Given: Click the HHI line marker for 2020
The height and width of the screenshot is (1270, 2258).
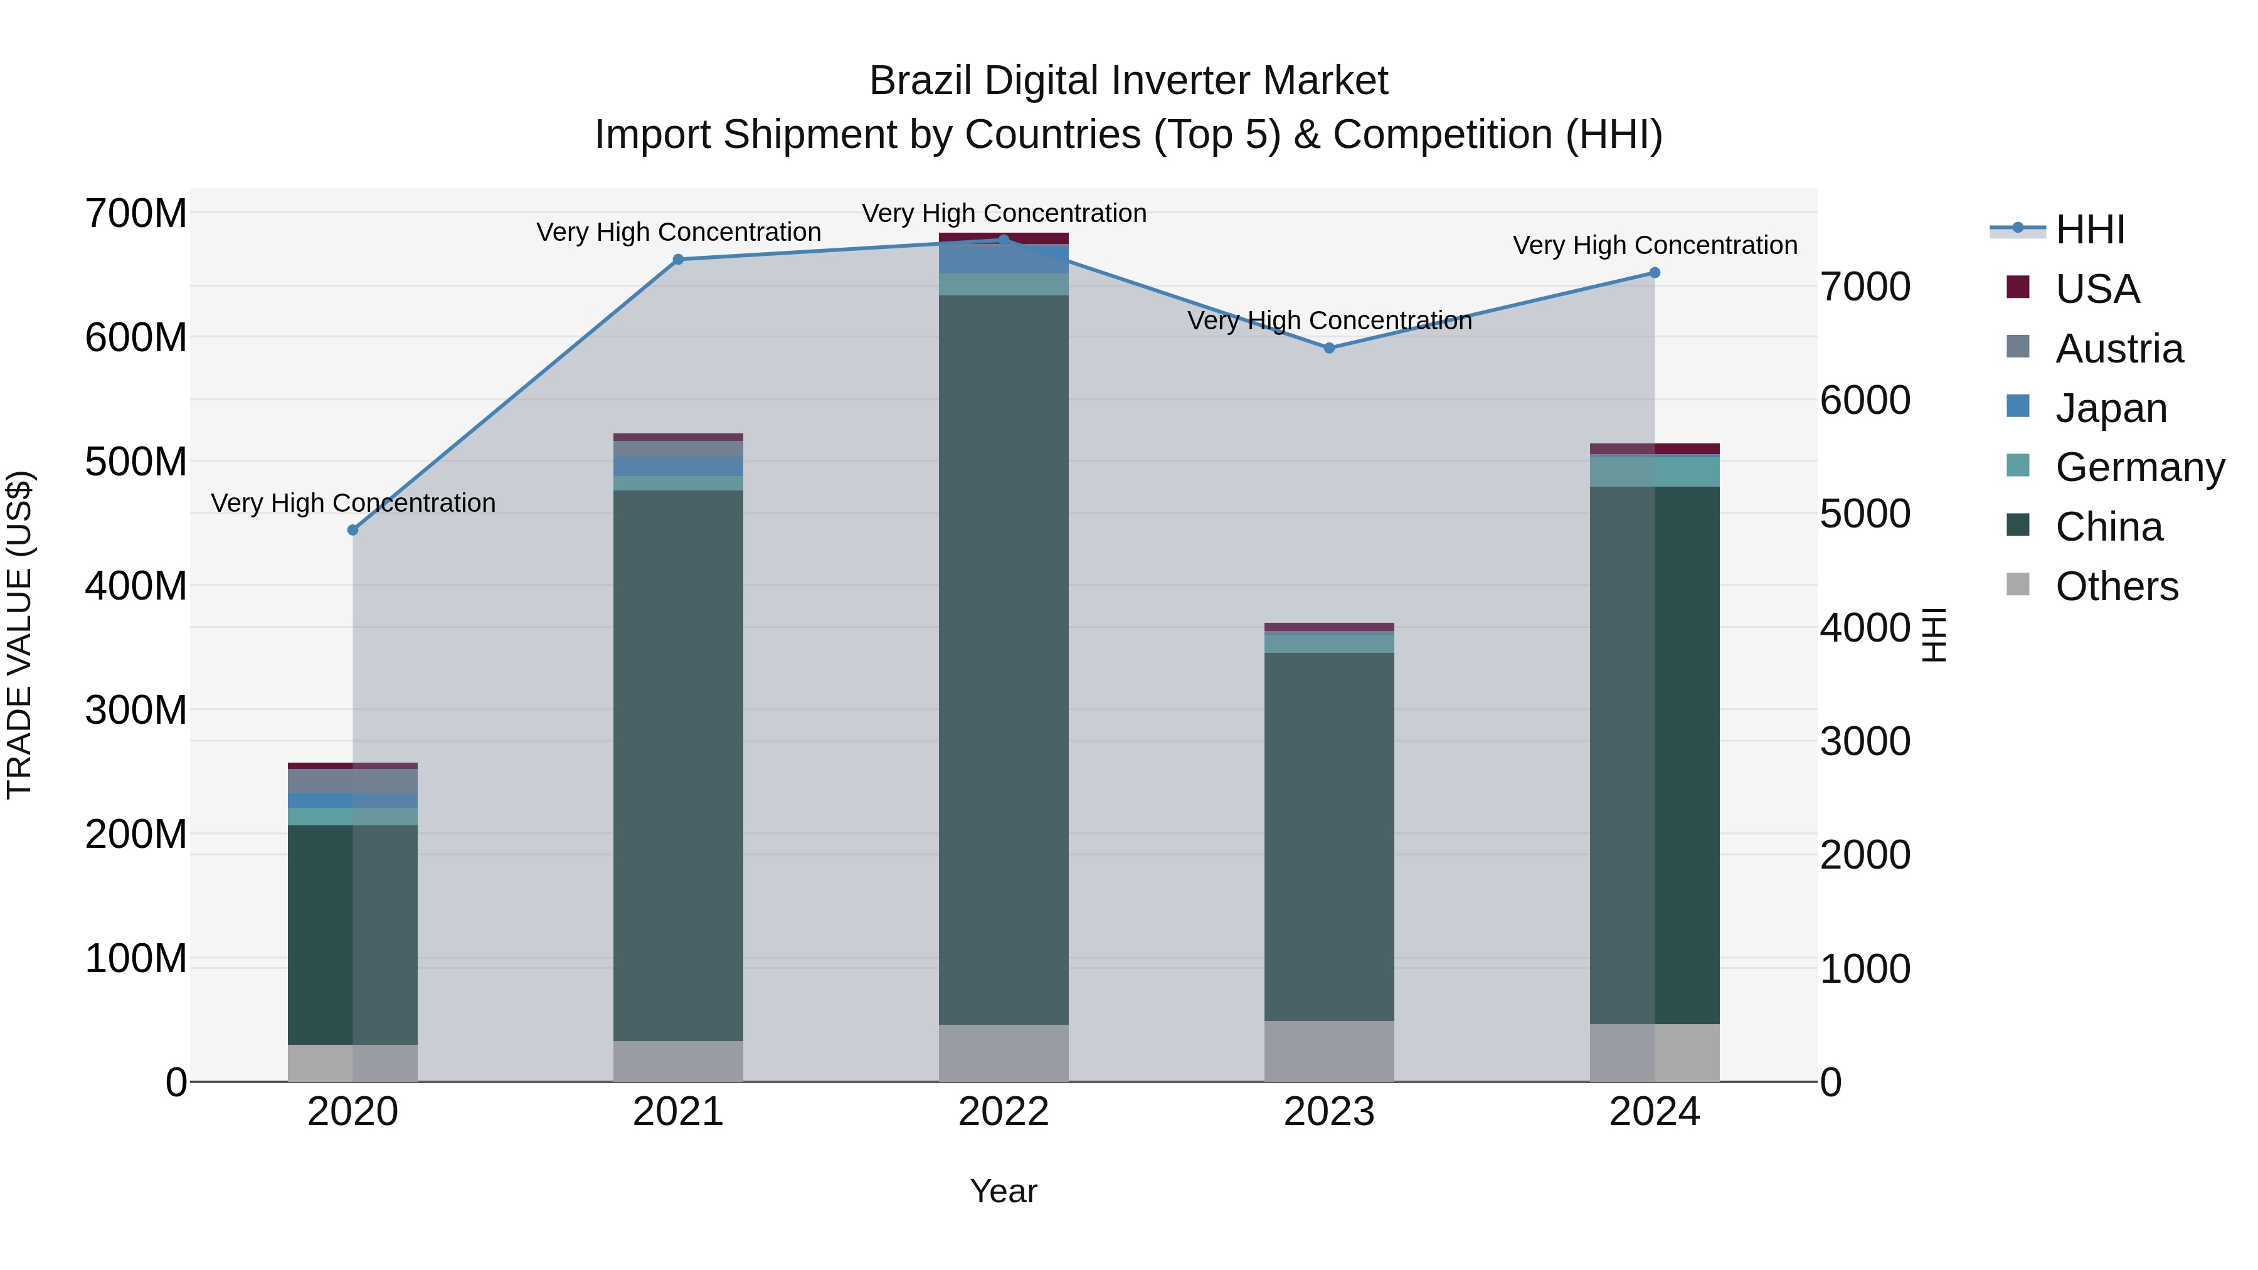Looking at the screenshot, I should point(353,530).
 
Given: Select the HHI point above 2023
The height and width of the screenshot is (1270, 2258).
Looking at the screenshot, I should point(1329,348).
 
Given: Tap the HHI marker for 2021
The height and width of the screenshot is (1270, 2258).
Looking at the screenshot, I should point(677,260).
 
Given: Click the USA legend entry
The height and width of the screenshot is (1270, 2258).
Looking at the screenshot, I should point(2097,289).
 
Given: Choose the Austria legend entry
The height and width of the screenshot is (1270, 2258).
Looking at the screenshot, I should point(2119,349).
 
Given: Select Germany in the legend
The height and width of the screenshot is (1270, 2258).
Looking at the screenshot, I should point(2139,467).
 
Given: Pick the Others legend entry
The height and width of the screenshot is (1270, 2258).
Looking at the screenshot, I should point(2116,586).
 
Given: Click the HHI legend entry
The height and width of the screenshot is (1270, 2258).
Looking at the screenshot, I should point(2090,230).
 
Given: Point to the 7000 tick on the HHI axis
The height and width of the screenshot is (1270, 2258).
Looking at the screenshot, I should point(1865,287).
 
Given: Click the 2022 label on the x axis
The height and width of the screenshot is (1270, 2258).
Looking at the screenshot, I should point(1004,1112).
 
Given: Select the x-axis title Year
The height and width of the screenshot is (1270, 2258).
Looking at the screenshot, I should point(1004,1191).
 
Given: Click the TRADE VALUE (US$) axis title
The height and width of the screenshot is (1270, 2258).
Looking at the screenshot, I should point(19,635).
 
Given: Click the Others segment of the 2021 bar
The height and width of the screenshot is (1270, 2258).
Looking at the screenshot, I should point(677,1061).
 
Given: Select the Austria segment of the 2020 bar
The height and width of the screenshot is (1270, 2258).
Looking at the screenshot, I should point(353,780).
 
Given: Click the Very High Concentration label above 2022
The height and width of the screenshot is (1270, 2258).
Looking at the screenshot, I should point(1004,213).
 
